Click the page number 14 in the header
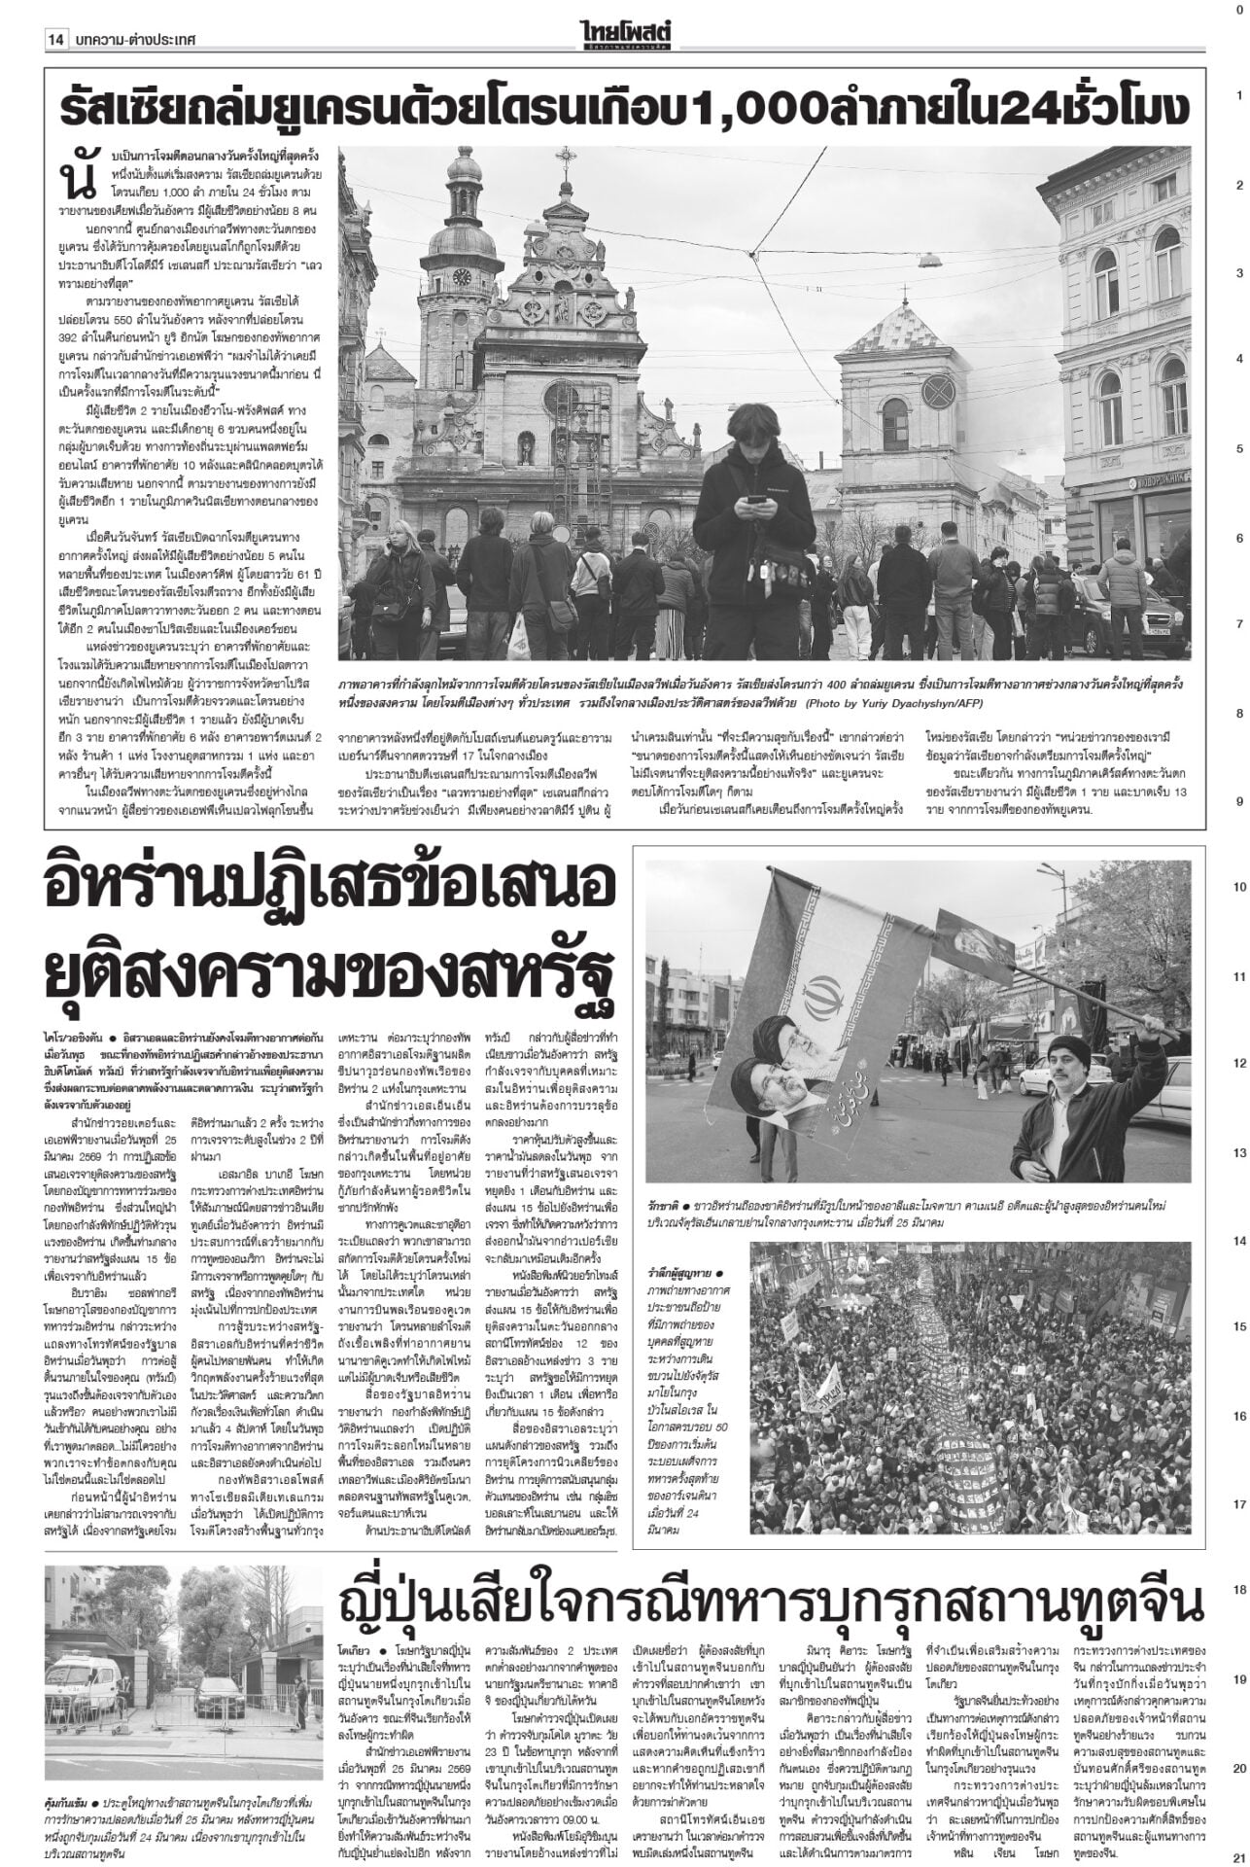point(55,39)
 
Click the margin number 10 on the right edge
point(1239,888)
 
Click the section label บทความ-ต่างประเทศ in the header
point(133,39)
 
